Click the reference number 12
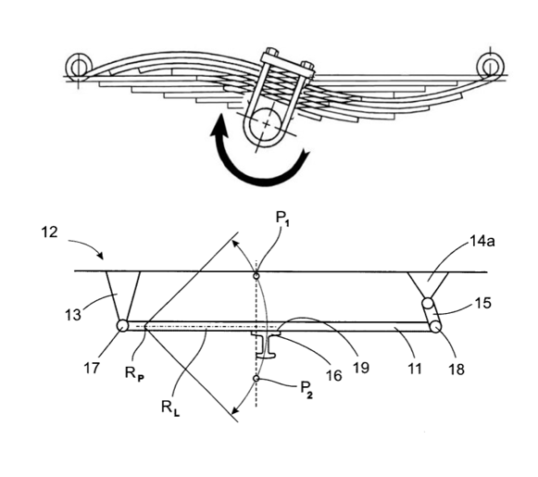(x=49, y=232)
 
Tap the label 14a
(x=482, y=242)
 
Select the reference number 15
(x=483, y=303)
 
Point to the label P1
(x=282, y=219)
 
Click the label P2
(x=307, y=389)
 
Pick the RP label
(x=134, y=373)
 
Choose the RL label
(x=170, y=408)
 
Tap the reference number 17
(x=92, y=369)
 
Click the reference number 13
(x=73, y=315)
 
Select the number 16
(x=334, y=376)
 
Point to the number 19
(x=360, y=368)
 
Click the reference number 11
(x=415, y=369)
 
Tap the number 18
(x=457, y=370)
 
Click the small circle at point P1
(x=256, y=276)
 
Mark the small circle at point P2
(x=256, y=378)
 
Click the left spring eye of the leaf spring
(x=80, y=65)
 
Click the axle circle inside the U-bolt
(x=267, y=123)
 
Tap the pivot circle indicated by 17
(x=122, y=325)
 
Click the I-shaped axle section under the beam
(x=267, y=345)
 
